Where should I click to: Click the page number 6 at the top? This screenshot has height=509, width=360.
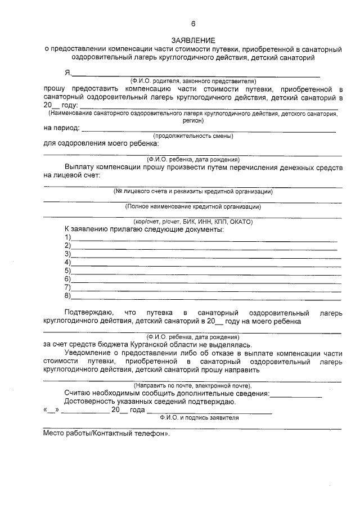pos(193,24)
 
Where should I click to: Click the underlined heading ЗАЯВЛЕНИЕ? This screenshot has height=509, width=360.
pos(193,40)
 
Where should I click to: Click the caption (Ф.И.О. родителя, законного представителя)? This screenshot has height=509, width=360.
pos(193,82)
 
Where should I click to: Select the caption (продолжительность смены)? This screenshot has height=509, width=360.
pos(193,136)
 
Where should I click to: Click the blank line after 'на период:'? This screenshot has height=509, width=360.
pos(208,129)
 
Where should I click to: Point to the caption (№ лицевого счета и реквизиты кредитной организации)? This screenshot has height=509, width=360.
pos(193,191)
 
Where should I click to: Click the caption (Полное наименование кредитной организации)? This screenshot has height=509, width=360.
pos(193,206)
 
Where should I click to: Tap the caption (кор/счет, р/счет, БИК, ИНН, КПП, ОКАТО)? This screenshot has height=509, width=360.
pos(193,222)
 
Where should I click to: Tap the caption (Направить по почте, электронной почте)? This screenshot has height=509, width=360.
pos(193,386)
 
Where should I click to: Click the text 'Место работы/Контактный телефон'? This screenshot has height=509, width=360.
pos(105,434)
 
